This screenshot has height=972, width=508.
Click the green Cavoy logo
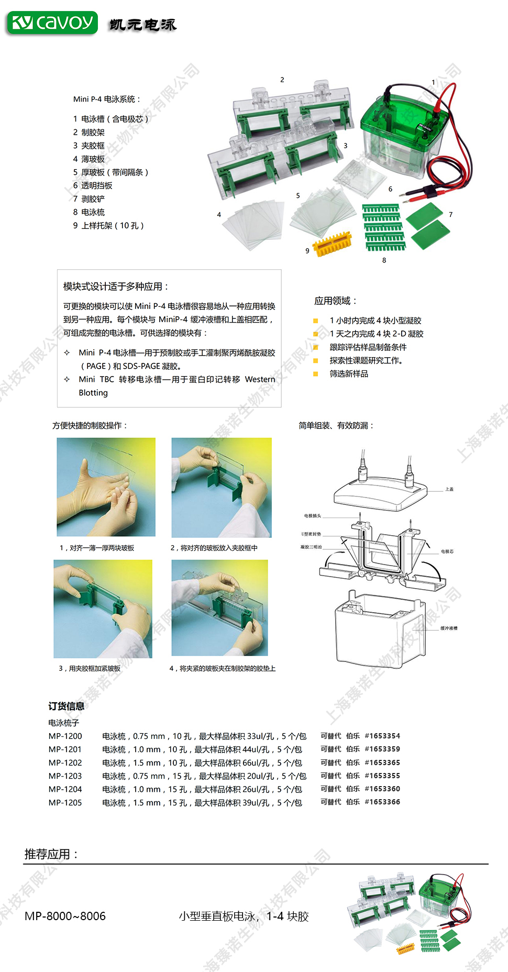click(52, 23)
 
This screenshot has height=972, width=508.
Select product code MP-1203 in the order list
click(65, 776)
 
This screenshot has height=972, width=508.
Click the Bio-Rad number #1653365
click(382, 763)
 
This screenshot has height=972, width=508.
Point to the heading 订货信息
click(67, 706)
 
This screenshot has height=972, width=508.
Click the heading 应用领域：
click(336, 301)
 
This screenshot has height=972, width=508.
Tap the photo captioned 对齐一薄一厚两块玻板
click(106, 487)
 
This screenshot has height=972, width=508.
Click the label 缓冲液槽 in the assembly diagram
click(449, 628)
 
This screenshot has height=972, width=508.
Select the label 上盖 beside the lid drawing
click(449, 489)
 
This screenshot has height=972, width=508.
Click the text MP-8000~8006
click(65, 916)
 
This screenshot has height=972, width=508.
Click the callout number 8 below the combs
click(384, 260)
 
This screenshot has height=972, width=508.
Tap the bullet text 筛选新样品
click(349, 373)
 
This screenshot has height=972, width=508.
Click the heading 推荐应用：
click(51, 854)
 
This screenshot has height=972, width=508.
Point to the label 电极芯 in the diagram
click(447, 551)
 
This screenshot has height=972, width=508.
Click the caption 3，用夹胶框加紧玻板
click(90, 668)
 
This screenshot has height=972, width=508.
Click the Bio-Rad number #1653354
click(382, 736)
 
